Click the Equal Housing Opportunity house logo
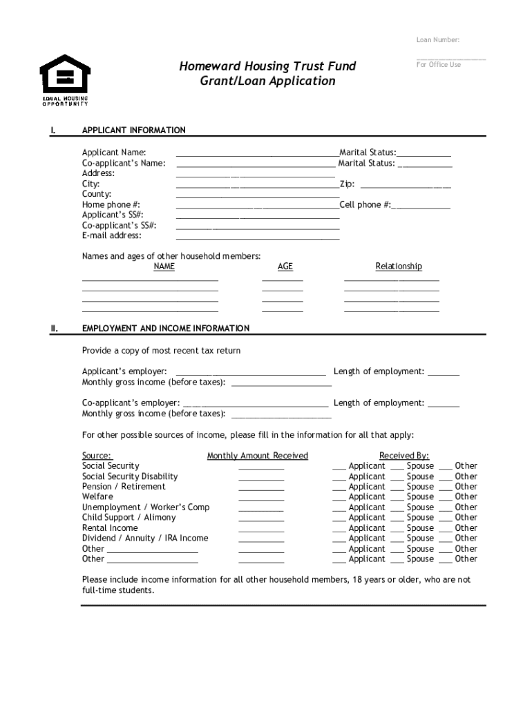pyautogui.click(x=65, y=72)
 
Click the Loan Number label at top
pyautogui.click(x=437, y=40)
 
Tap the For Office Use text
pyautogui.click(x=438, y=65)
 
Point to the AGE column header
pyautogui.click(x=285, y=267)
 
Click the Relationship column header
pyautogui.click(x=399, y=267)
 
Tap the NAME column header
pyautogui.click(x=164, y=267)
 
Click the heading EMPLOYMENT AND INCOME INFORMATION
pyautogui.click(x=166, y=329)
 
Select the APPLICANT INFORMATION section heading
pyautogui.click(x=133, y=130)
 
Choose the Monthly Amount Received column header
pyautogui.click(x=257, y=456)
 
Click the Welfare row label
pyautogui.click(x=97, y=497)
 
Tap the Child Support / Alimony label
pyautogui.click(x=129, y=518)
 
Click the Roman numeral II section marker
pyautogui.click(x=54, y=329)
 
